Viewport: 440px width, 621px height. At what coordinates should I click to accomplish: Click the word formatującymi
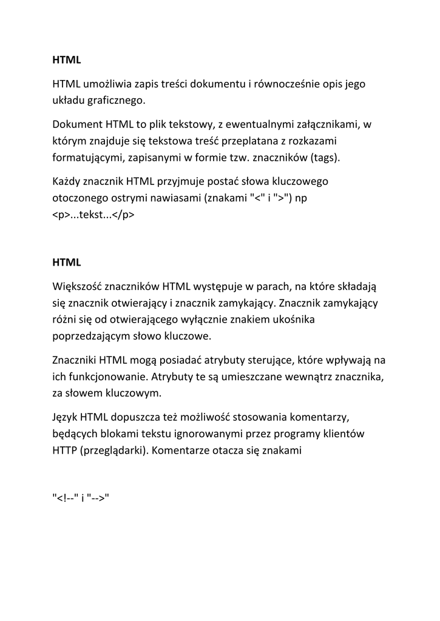point(86,158)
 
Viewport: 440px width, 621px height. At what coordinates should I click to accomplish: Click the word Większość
point(77,286)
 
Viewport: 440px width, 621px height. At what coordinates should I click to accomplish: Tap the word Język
point(65,418)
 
